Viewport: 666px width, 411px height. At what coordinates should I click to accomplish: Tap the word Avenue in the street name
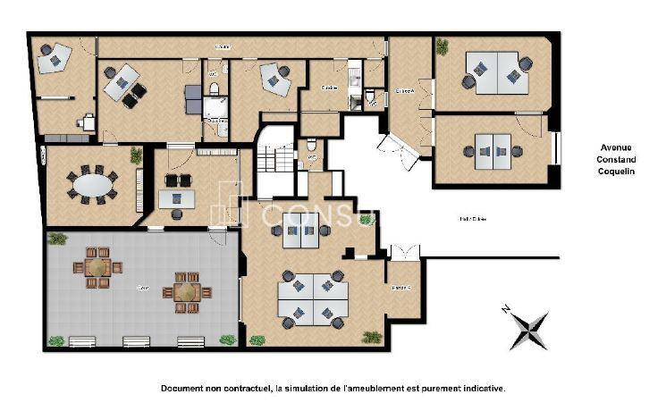click(616, 147)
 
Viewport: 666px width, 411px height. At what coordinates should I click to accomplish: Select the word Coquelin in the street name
click(616, 172)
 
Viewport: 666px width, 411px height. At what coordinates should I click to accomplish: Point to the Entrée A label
click(405, 90)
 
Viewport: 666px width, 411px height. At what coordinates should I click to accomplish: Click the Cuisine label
click(328, 88)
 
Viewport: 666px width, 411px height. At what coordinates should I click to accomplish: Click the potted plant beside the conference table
click(136, 155)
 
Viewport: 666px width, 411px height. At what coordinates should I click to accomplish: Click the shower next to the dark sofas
click(215, 108)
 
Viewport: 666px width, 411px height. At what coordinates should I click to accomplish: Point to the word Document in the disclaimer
click(183, 389)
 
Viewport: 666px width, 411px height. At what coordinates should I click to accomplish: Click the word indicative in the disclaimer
click(483, 389)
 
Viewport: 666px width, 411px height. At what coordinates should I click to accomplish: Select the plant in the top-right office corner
click(443, 46)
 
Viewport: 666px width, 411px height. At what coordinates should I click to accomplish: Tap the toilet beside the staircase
click(311, 146)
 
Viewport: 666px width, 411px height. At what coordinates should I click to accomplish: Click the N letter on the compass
click(506, 309)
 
